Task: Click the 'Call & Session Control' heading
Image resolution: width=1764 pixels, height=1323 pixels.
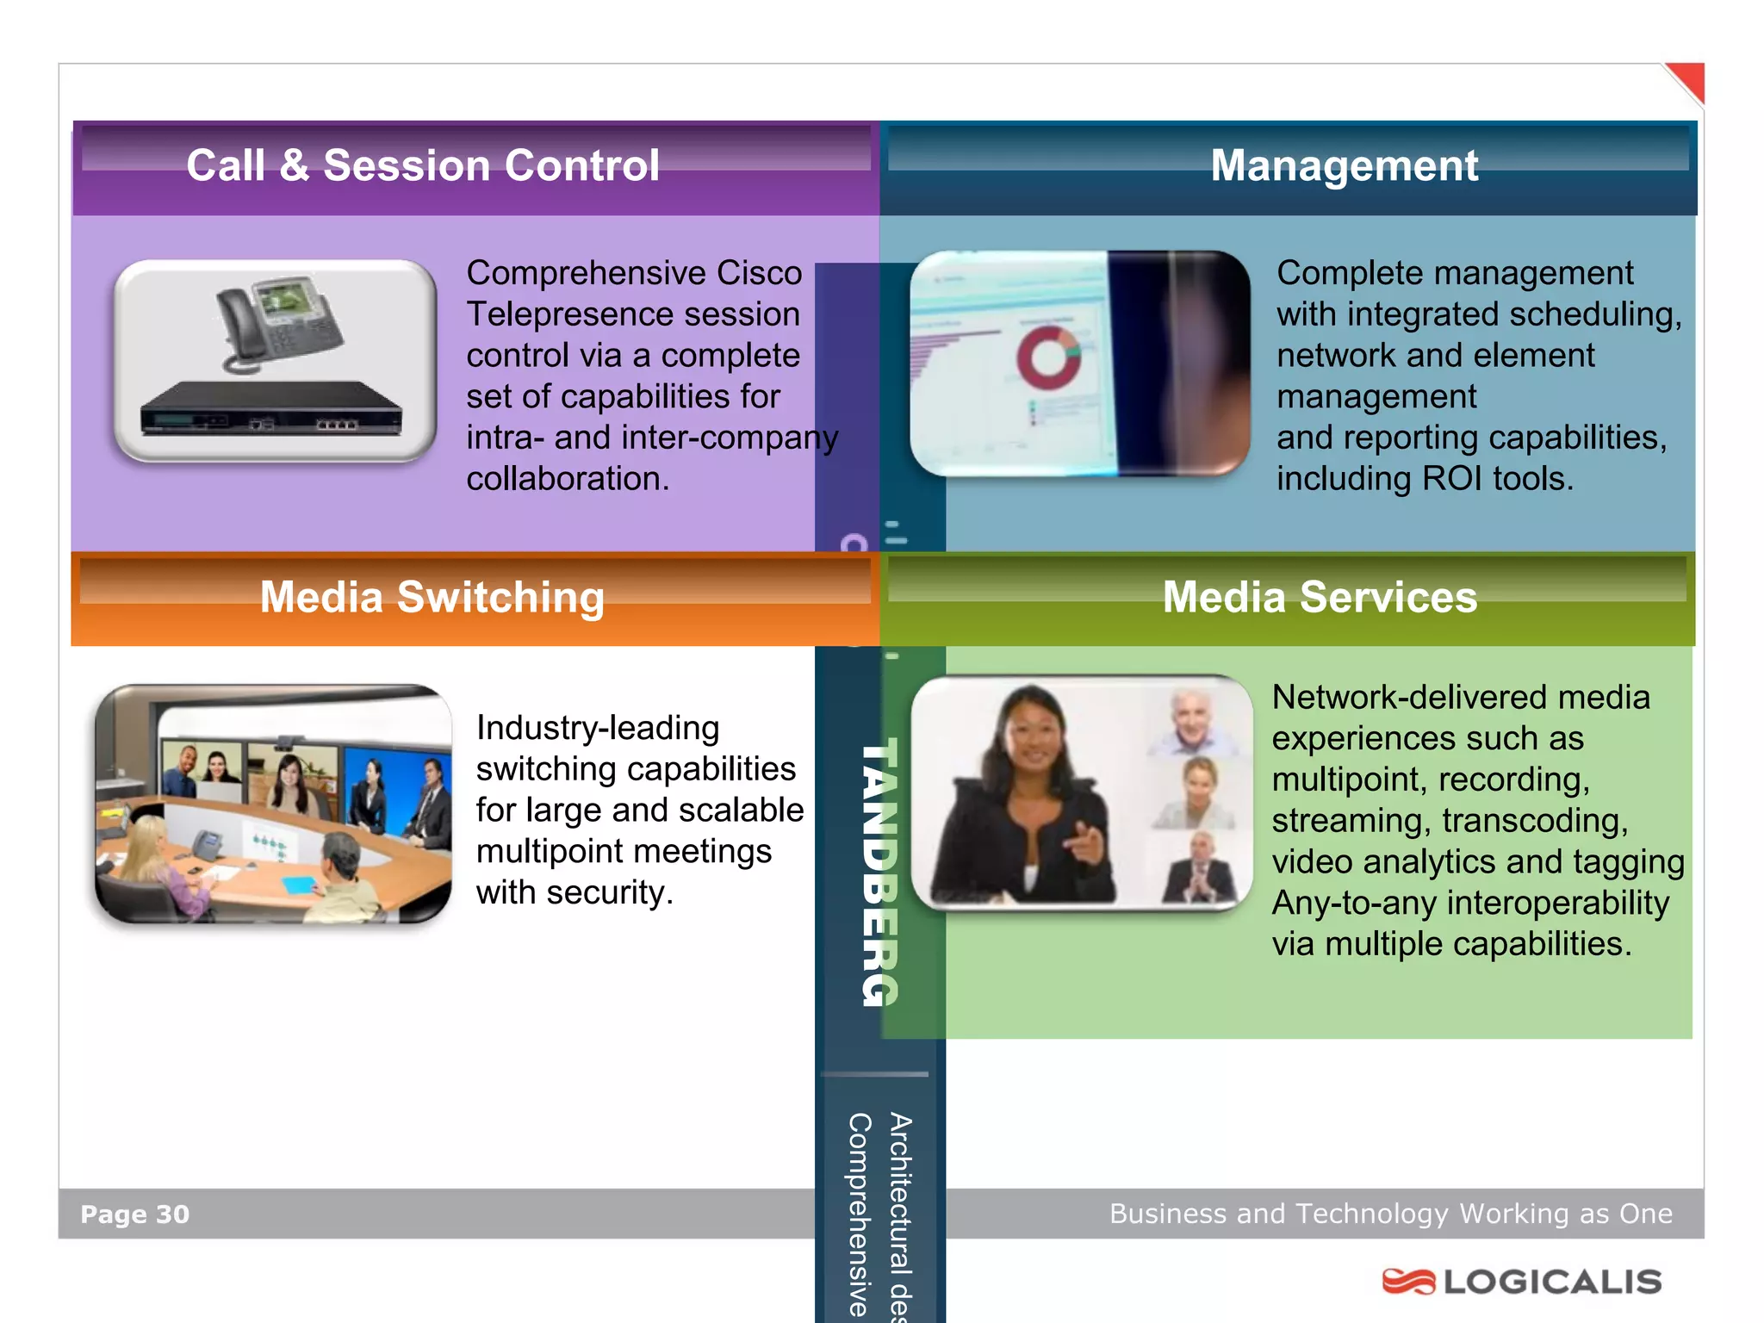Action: pyautogui.click(x=423, y=165)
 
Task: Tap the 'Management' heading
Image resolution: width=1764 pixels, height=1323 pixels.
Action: pyautogui.click(x=1344, y=165)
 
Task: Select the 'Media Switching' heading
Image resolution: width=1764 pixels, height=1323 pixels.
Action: pyautogui.click(x=432, y=597)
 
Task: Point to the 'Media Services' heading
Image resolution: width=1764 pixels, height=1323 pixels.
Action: pyautogui.click(x=1320, y=597)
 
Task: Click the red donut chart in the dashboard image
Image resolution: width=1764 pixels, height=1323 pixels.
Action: pyautogui.click(x=1048, y=357)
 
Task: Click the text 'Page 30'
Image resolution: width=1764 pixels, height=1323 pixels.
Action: pyautogui.click(x=134, y=1214)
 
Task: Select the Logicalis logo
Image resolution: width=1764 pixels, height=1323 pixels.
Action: pyautogui.click(x=1522, y=1282)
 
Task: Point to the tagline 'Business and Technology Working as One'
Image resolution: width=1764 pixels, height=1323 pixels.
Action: pyautogui.click(x=1390, y=1214)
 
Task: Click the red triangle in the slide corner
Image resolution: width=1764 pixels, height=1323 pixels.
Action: pyautogui.click(x=1688, y=81)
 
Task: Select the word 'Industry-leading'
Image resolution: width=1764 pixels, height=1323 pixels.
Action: pyautogui.click(x=598, y=728)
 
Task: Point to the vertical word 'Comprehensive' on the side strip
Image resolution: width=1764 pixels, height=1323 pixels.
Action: pyautogui.click(x=859, y=1214)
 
